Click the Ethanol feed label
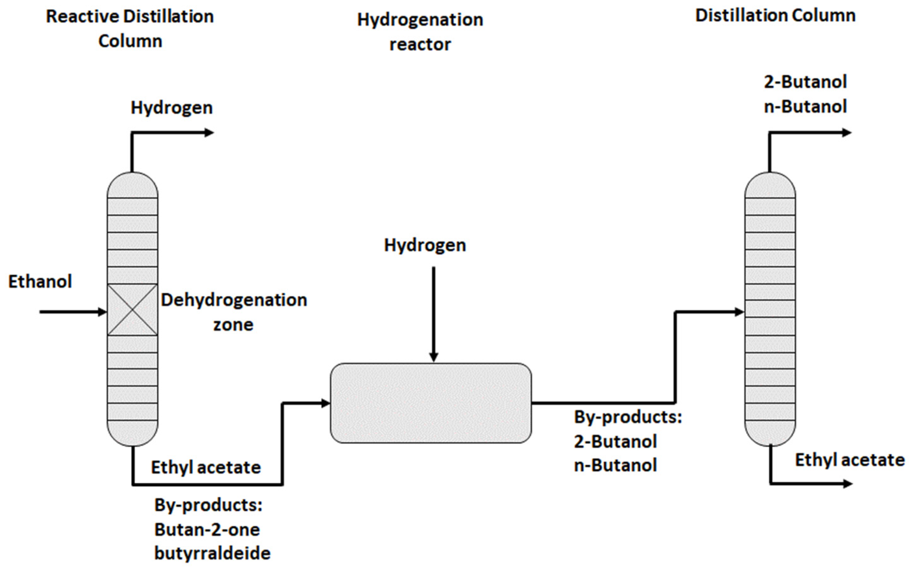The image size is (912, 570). point(40,282)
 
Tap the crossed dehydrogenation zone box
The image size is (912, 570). point(132,310)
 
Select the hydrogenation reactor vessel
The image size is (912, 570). point(431,403)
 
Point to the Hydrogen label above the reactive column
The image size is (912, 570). point(172,108)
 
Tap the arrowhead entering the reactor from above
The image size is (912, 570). point(434,357)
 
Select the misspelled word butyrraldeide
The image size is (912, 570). point(212,553)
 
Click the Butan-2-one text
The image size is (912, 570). point(207,530)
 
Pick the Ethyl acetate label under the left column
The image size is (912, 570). point(206,467)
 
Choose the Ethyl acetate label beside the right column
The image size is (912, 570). point(850,460)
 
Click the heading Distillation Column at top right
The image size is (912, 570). point(775,16)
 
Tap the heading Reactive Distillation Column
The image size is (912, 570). point(130,29)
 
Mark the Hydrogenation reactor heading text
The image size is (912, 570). point(420,32)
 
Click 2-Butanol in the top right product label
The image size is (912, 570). point(805,82)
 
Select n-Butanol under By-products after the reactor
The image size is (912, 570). point(616,465)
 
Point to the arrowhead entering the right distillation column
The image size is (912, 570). point(739,312)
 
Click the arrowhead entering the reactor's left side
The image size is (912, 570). point(325,403)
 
